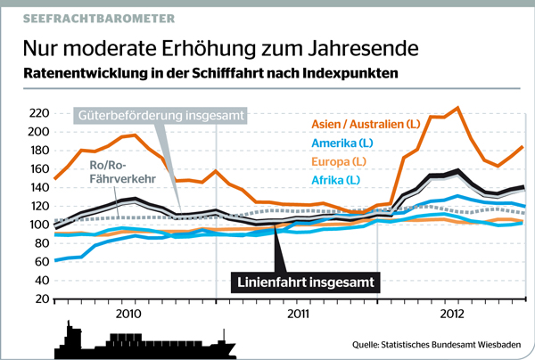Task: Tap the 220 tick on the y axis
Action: tap(34, 113)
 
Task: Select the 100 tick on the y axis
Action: tap(34, 225)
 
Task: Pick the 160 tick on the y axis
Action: tap(34, 169)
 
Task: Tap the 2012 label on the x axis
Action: tap(454, 315)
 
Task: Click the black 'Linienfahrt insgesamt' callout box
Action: tap(311, 282)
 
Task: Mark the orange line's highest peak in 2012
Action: tap(457, 108)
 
